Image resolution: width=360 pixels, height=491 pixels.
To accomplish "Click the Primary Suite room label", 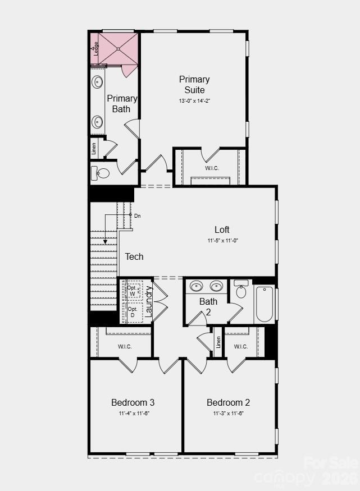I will point(194,85).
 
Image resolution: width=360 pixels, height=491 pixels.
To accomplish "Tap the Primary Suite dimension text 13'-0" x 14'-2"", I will point(194,101).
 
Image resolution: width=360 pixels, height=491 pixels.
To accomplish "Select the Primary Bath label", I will point(122,103).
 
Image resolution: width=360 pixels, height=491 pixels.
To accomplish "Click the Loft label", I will point(222,230).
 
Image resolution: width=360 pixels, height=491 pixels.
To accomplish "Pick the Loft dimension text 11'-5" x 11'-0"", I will point(222,241).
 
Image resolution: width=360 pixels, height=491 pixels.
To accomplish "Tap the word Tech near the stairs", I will point(134,257).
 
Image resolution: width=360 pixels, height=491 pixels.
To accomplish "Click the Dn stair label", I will point(138,215).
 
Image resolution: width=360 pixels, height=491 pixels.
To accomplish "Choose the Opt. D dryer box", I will point(134,312).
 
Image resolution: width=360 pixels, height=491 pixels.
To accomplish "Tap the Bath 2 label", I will point(208,306).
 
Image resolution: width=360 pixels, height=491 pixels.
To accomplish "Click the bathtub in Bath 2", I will point(264,304).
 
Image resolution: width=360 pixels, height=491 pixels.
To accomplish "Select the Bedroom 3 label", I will point(133,402).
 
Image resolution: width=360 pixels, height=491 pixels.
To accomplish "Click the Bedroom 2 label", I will point(228,402).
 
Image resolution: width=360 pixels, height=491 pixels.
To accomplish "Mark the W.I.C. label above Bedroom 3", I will point(125,346).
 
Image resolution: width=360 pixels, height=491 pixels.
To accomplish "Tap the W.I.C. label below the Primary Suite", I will point(212,167).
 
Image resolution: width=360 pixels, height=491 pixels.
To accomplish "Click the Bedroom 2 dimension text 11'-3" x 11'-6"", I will point(228,414).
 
